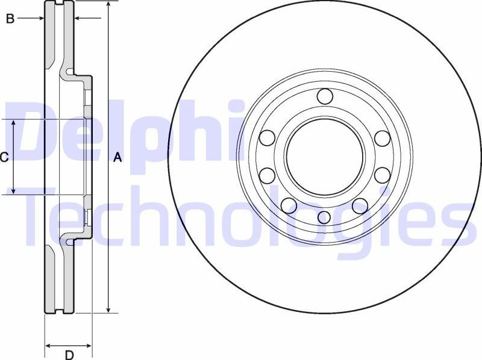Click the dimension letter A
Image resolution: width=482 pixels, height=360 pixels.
click(118, 158)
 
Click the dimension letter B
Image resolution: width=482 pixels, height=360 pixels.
click(10, 19)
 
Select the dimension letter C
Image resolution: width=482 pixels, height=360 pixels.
click(4, 158)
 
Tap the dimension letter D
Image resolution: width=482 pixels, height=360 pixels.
click(69, 355)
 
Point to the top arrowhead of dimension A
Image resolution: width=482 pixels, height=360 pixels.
click(108, 5)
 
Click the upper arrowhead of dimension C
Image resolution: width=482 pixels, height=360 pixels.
click(13, 123)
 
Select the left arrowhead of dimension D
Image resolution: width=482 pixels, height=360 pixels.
click(49, 346)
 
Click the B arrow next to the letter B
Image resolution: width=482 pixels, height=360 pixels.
click(40, 19)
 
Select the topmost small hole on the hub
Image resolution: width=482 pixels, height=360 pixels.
click(325, 96)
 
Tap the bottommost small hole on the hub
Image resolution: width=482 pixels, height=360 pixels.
click(324, 217)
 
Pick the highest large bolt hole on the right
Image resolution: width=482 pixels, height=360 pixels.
click(382, 138)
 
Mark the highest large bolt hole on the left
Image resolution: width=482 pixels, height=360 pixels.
click(267, 138)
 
